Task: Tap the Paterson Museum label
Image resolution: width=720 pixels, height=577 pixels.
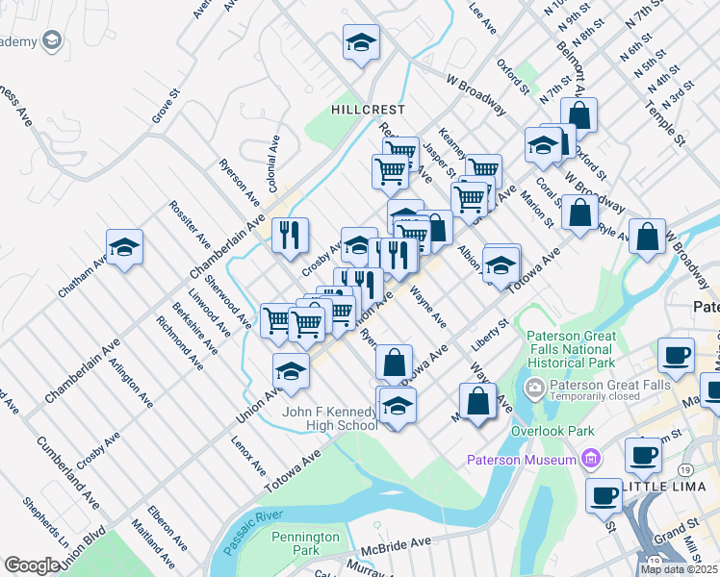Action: click(520, 460)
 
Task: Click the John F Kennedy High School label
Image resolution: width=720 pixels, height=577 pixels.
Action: click(329, 418)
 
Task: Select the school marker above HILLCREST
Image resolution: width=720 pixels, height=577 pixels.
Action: click(361, 42)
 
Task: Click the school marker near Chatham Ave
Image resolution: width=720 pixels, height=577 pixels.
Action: click(124, 248)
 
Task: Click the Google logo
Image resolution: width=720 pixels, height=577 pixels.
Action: click(32, 565)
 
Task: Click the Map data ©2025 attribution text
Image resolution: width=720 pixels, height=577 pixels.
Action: click(679, 569)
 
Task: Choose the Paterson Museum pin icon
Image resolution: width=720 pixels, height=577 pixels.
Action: click(592, 460)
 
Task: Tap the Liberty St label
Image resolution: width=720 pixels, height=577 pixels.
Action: click(489, 334)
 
